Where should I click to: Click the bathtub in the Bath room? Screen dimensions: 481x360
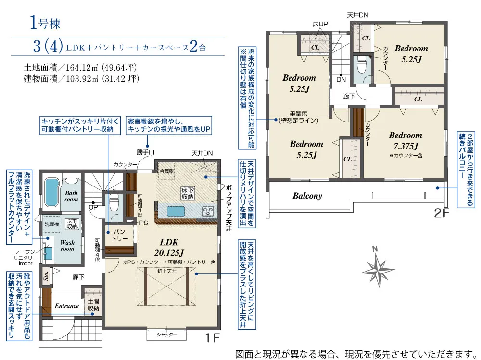(x=51, y=192)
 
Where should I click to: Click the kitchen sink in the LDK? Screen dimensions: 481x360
(x=176, y=211)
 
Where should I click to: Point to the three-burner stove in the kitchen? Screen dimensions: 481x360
(x=208, y=211)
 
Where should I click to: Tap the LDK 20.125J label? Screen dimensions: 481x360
(x=169, y=247)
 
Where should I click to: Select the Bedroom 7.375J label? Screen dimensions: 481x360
(x=405, y=140)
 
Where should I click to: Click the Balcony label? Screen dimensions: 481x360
(x=307, y=196)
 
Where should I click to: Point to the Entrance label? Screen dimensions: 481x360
(x=67, y=306)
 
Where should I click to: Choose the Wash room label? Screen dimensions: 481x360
(x=67, y=245)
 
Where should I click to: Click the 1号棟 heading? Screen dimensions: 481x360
(x=45, y=23)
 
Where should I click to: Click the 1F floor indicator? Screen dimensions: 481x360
(x=212, y=338)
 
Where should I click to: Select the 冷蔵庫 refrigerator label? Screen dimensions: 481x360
(x=166, y=171)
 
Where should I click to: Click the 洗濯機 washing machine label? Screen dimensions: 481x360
(x=51, y=224)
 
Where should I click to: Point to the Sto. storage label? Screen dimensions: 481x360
(x=46, y=276)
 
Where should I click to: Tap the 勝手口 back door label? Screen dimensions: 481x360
(x=145, y=152)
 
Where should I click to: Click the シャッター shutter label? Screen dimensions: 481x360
(x=167, y=335)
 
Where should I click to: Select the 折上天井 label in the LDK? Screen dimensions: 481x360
(x=166, y=271)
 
